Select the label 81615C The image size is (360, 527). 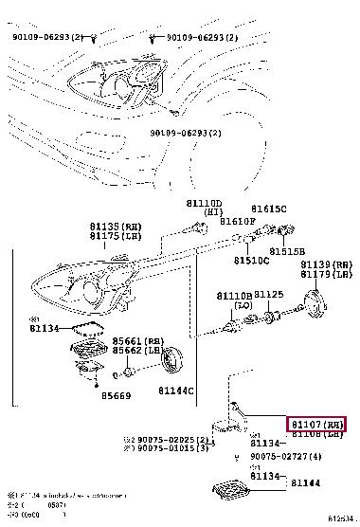tap(270, 209)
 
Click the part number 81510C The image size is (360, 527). tap(252, 260)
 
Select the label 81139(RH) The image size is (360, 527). tap(326, 264)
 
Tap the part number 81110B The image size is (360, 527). tap(234, 296)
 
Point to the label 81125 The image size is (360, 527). tap(270, 296)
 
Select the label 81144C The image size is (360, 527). tap(175, 390)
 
